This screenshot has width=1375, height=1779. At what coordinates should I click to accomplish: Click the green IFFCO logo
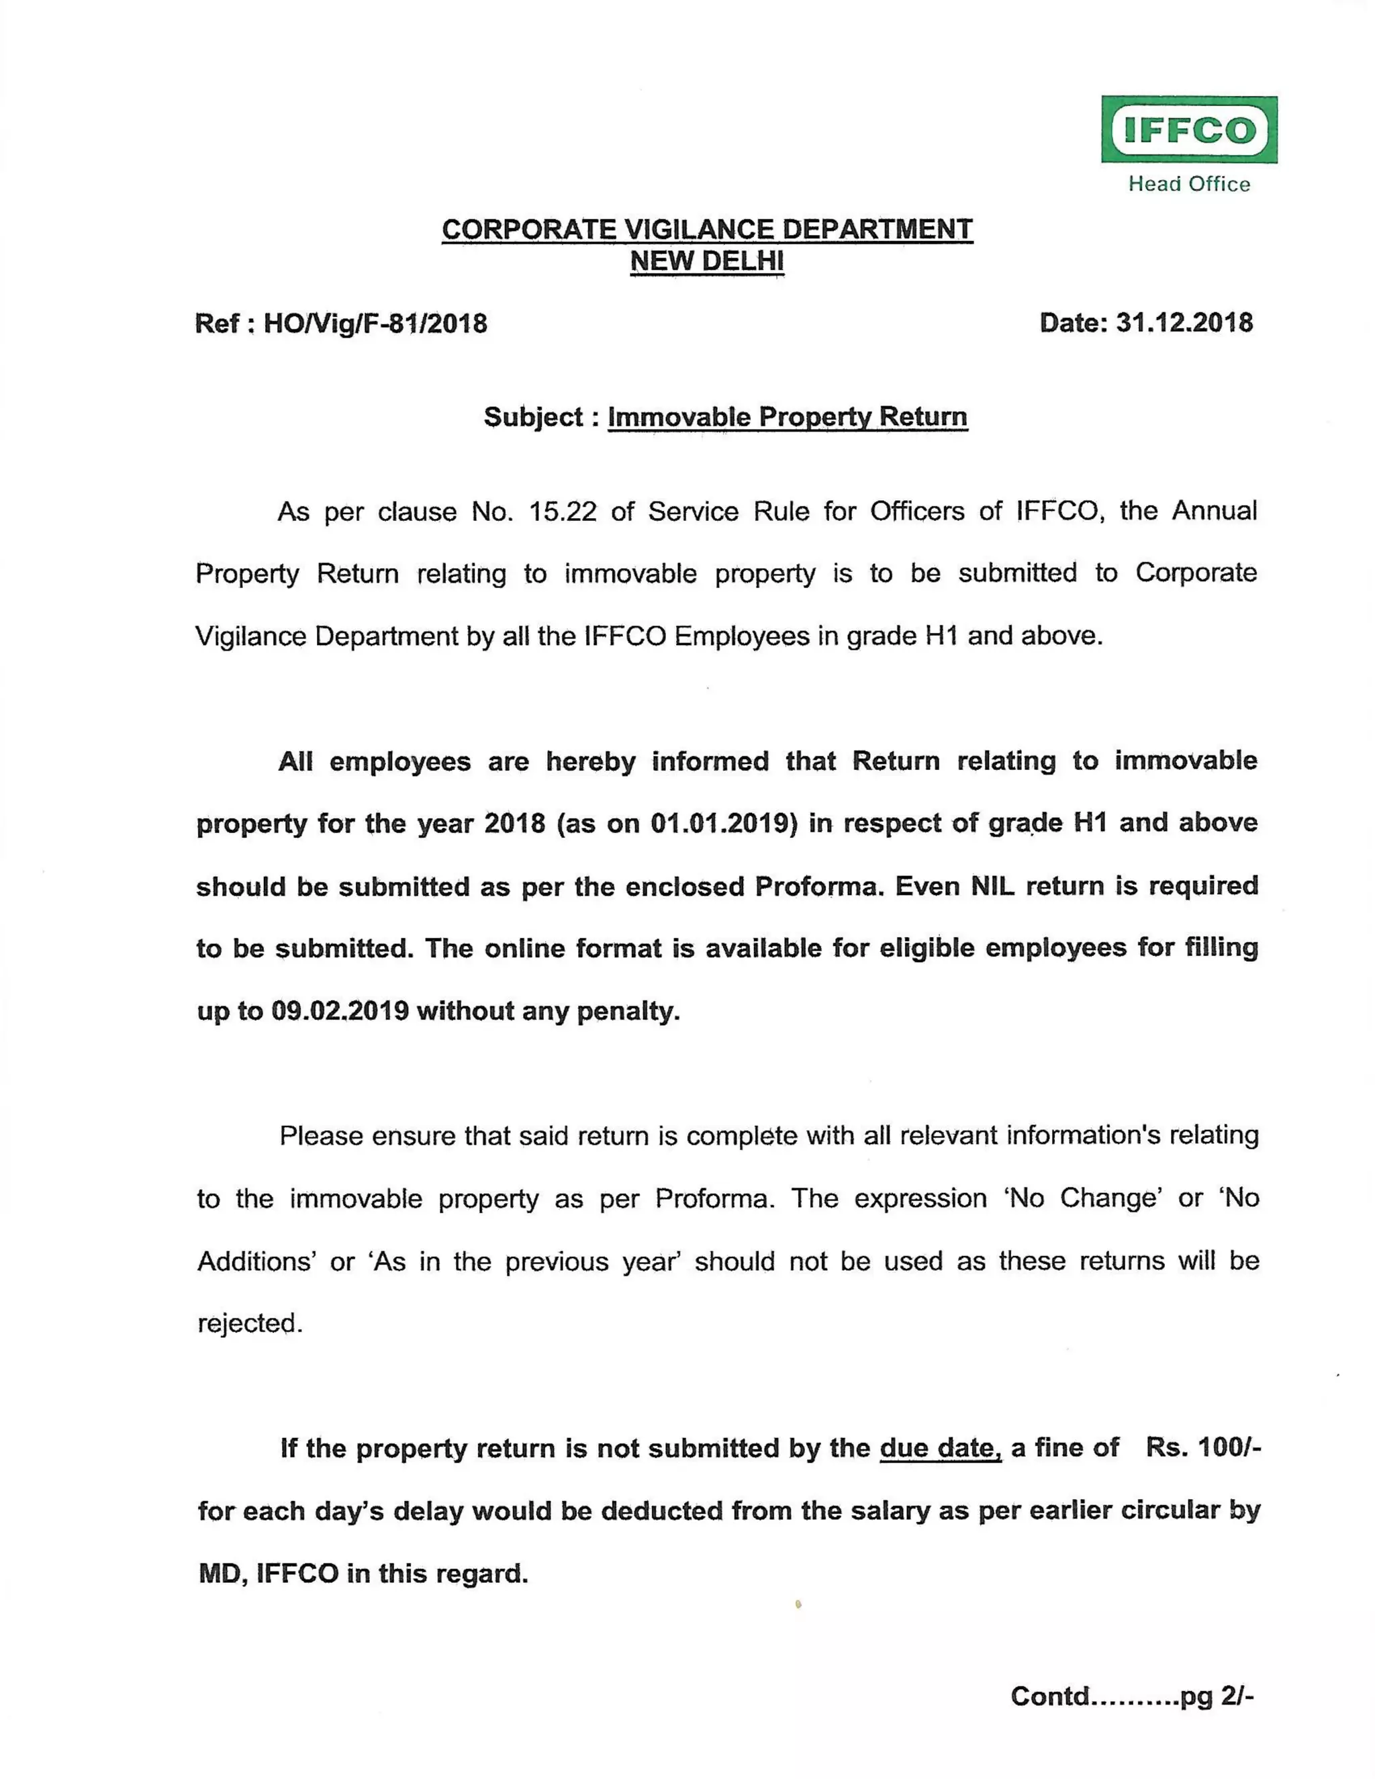(x=1188, y=130)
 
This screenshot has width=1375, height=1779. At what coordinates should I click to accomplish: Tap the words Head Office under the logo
(x=1188, y=184)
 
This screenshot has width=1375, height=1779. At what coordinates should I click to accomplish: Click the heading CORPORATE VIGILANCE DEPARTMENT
(x=706, y=229)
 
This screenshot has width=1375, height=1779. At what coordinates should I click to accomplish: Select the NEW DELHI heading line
(x=706, y=260)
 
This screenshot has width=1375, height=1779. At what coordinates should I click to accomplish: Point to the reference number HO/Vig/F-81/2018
(x=375, y=324)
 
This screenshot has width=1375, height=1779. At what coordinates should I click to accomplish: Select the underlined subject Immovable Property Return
(x=787, y=416)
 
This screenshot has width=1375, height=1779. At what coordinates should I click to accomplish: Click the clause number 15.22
(x=562, y=512)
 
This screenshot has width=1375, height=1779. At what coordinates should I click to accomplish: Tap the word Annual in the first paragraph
(x=1214, y=510)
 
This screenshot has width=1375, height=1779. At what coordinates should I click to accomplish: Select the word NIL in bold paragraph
(x=992, y=885)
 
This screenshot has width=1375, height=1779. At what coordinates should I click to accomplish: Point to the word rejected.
(x=249, y=1324)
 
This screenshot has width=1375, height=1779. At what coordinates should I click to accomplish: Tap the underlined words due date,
(x=940, y=1447)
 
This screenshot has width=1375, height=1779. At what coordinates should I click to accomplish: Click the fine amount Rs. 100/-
(x=1202, y=1447)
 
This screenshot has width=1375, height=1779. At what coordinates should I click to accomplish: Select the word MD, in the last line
(x=222, y=1573)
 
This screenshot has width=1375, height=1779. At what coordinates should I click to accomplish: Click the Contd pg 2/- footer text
(x=1131, y=1695)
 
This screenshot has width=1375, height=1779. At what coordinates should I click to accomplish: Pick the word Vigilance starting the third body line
(x=249, y=636)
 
